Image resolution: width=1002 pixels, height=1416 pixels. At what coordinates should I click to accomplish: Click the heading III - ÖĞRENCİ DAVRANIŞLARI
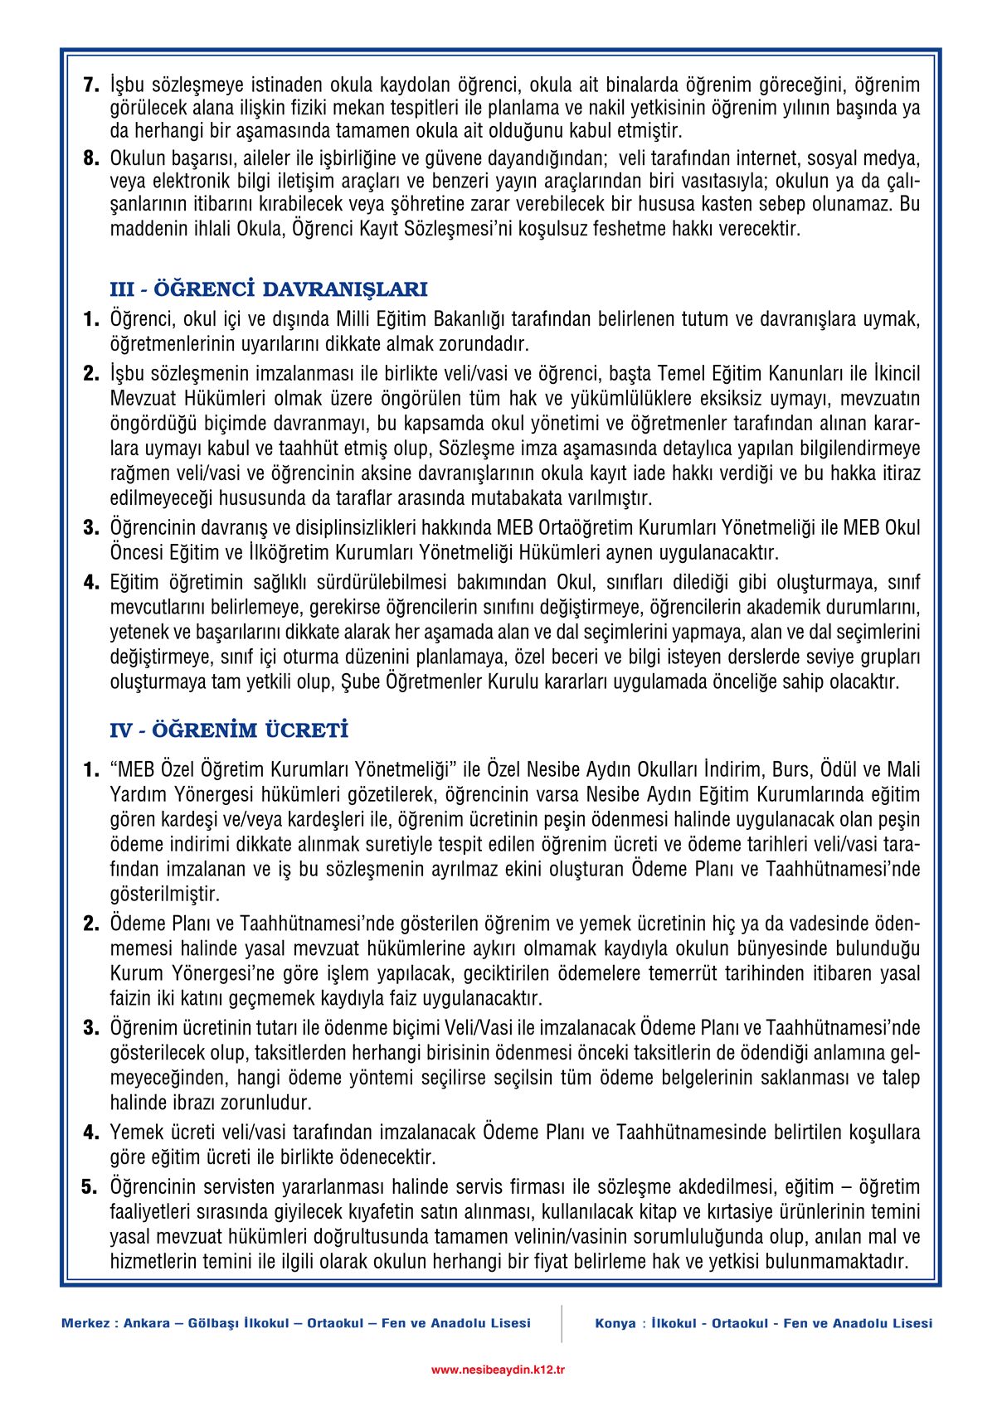coord(269,289)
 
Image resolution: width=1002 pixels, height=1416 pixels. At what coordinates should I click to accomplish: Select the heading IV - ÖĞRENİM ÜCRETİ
coord(229,730)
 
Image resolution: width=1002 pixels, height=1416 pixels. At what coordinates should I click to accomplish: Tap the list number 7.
coord(91,85)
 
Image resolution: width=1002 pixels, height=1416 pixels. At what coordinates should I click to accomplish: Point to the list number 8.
coord(91,158)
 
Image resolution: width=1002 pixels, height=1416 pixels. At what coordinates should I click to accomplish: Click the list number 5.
coord(90,1186)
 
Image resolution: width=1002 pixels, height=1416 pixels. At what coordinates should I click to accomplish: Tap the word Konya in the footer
coord(615,1323)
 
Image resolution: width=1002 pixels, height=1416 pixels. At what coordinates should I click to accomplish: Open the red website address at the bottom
coord(498,1370)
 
